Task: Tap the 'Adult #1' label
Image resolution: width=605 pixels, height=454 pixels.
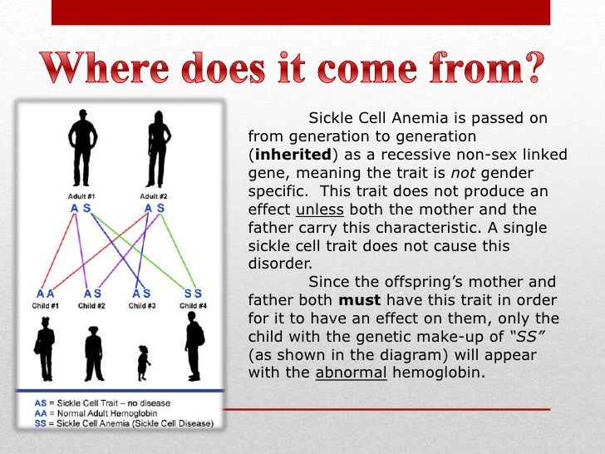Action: coord(81,196)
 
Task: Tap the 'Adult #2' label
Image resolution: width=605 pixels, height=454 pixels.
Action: coord(154,196)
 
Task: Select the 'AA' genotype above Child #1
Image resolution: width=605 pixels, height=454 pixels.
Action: coord(45,294)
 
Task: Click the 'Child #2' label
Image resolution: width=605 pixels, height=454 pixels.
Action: coord(92,306)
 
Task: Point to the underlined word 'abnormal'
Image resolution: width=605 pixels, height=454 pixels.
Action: coord(351,373)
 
